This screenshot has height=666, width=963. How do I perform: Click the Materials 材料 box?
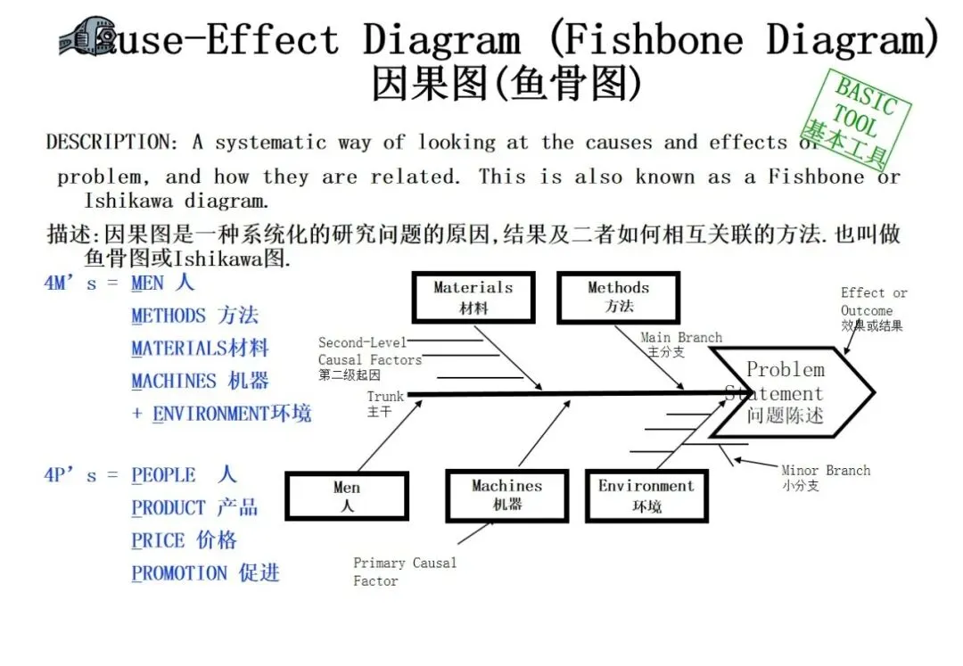[473, 298]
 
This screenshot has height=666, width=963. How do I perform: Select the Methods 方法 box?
[618, 298]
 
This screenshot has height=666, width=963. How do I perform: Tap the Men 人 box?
[347, 496]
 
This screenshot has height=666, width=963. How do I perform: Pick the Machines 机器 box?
[506, 495]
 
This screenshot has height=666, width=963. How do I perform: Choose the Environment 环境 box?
[646, 496]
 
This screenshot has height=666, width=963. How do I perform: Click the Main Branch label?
[680, 344]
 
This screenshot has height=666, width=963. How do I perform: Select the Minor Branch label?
[825, 477]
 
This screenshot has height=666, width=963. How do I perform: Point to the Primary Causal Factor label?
[404, 571]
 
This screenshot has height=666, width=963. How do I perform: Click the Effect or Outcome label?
[873, 308]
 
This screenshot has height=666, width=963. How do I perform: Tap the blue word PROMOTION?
[179, 573]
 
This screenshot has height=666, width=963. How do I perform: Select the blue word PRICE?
[159, 540]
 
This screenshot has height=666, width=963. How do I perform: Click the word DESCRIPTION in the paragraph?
[106, 143]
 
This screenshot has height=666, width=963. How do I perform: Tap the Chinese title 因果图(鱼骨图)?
[506, 85]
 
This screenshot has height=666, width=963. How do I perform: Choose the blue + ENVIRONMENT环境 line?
[222, 414]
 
